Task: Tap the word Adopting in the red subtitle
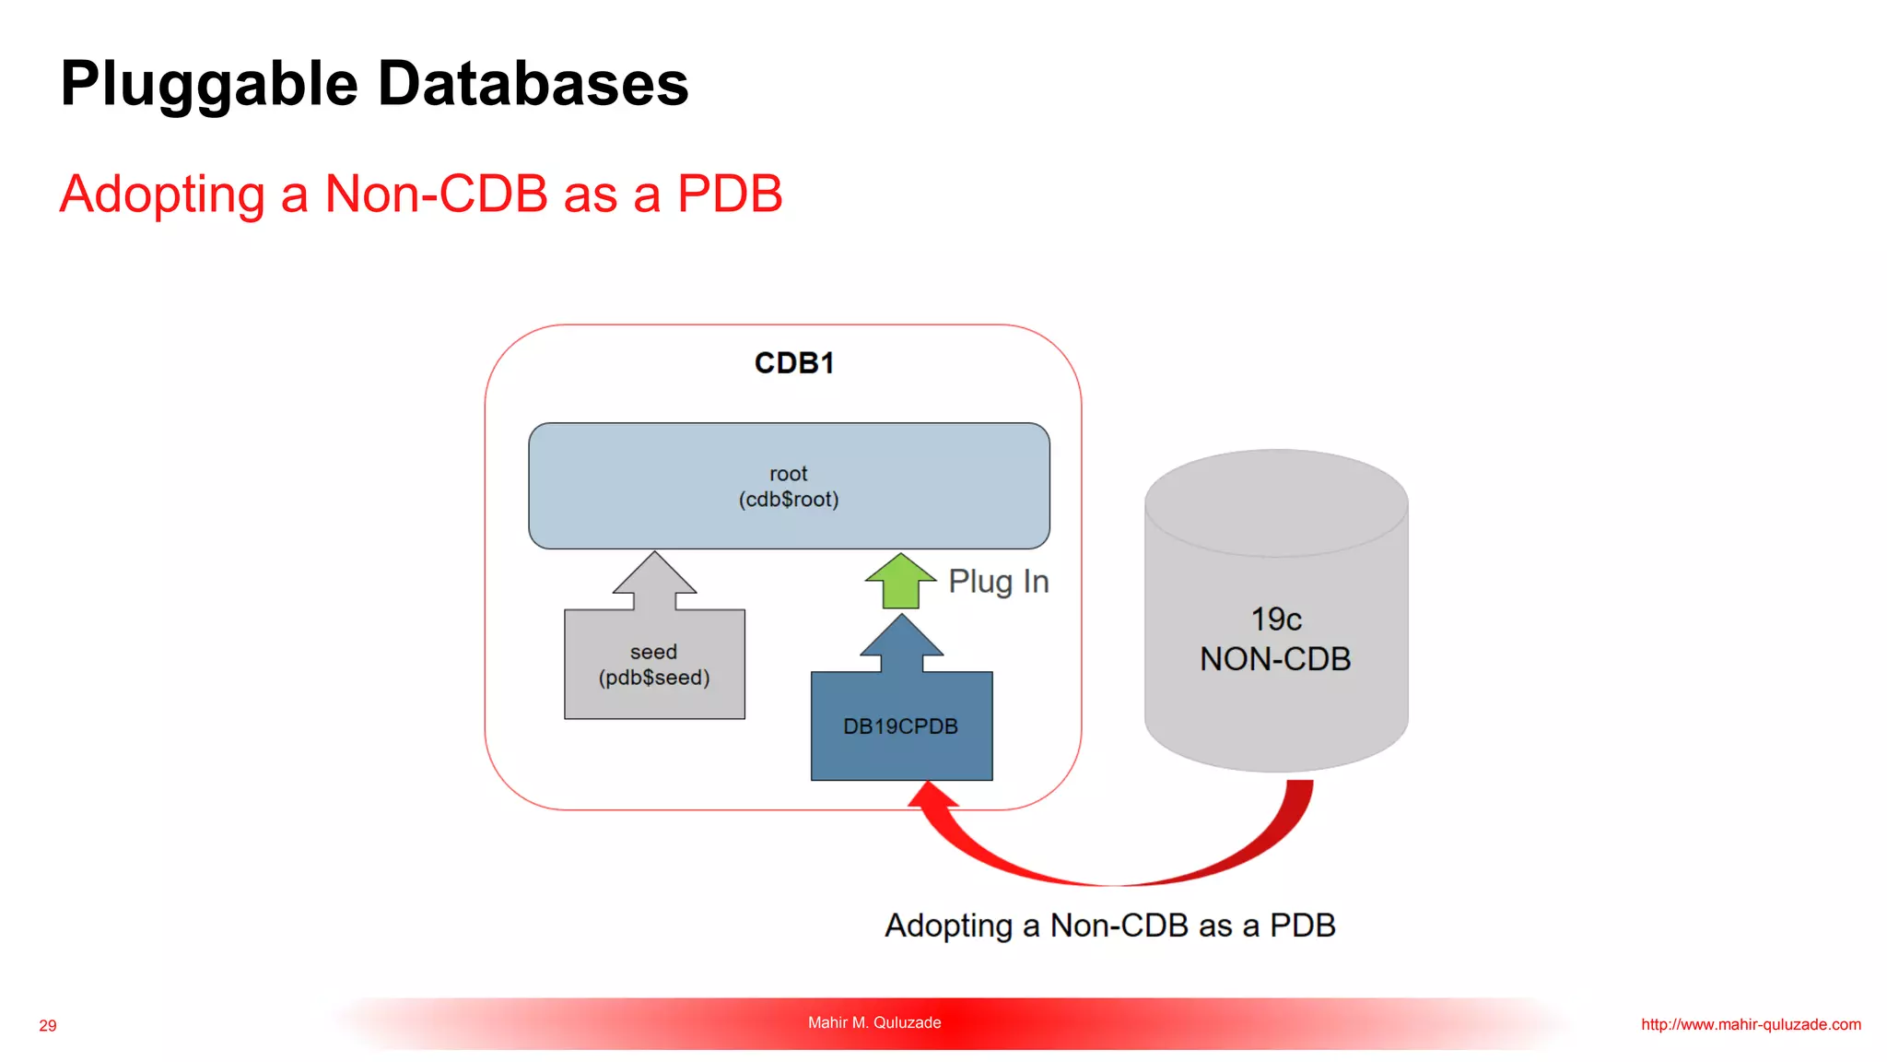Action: (162, 195)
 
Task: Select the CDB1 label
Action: (793, 363)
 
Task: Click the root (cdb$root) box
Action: (789, 486)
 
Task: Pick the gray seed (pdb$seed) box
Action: (654, 665)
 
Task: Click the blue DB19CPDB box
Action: (901, 726)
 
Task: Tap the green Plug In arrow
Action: (900, 583)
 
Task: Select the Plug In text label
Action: (999, 582)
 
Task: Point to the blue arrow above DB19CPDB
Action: (901, 643)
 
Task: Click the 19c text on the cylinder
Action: (1275, 619)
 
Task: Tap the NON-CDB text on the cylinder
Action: (1275, 659)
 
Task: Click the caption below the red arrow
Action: (1109, 926)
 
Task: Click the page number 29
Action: (48, 1026)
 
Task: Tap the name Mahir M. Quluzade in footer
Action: (874, 1022)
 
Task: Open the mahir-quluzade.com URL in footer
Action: (1751, 1024)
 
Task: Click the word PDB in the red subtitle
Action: (729, 195)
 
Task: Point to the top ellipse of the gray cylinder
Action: (1276, 502)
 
